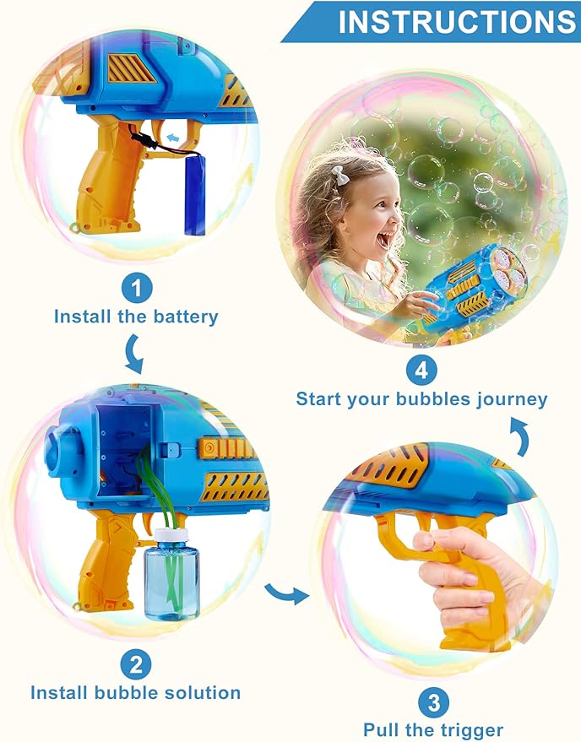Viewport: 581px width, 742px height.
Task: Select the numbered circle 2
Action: [135, 664]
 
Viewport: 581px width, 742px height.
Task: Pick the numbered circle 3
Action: [433, 702]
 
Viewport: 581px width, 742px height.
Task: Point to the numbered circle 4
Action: [421, 370]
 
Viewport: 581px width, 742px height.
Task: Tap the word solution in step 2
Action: [198, 693]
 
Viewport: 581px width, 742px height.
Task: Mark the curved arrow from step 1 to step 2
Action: [133, 354]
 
